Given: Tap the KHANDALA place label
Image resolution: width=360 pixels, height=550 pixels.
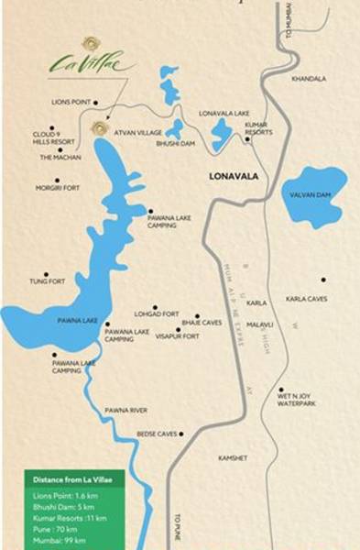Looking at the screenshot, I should pyautogui.click(x=309, y=79).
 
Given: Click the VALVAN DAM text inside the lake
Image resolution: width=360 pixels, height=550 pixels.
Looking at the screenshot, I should pyautogui.click(x=314, y=194).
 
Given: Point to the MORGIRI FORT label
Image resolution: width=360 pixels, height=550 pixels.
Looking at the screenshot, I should pyautogui.click(x=58, y=188).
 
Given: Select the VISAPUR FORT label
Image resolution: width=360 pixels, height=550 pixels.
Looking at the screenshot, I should pyautogui.click(x=178, y=336).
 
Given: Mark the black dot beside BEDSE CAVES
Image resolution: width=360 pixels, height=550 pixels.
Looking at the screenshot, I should pyautogui.click(x=182, y=434).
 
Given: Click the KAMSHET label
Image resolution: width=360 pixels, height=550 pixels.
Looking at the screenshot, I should pyautogui.click(x=234, y=456).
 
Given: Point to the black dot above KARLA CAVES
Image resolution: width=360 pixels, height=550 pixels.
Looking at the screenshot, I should pyautogui.click(x=323, y=280).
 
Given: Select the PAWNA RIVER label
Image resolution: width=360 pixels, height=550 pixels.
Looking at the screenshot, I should pyautogui.click(x=125, y=410).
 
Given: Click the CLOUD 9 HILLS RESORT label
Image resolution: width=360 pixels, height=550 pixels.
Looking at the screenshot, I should pyautogui.click(x=52, y=137).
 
